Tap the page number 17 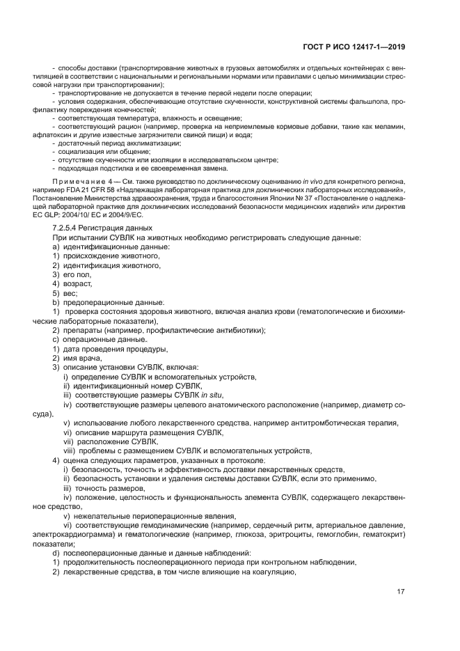tap(401, 592)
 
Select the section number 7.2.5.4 tap(68, 228)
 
